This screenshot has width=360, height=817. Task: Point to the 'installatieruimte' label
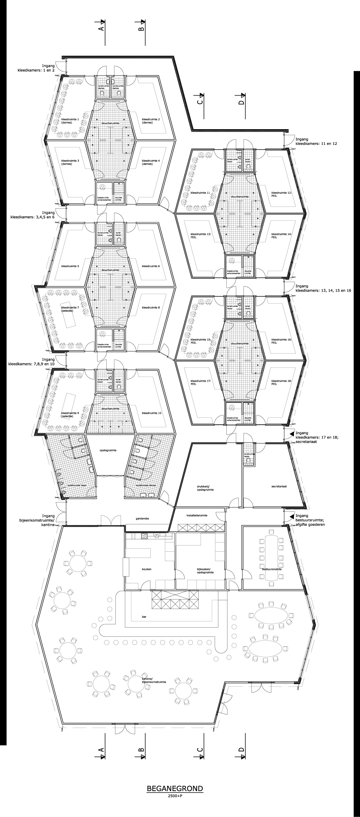tap(197, 516)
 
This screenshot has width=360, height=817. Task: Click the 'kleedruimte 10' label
tap(151, 413)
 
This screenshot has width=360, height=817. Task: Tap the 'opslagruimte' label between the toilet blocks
tap(108, 450)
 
